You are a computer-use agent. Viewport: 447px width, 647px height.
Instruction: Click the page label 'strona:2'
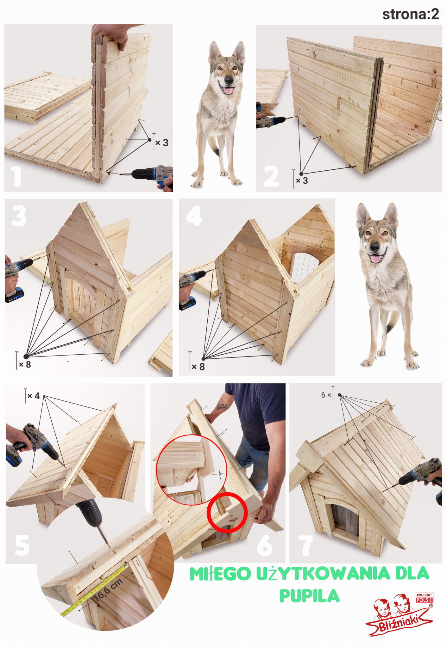pos(411,14)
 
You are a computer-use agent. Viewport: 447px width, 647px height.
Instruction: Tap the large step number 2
pos(271,176)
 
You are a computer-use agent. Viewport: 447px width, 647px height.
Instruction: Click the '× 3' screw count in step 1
pos(162,143)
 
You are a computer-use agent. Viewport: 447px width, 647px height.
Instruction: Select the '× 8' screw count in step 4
pos(198,367)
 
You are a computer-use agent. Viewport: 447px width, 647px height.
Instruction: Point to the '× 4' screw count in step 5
pos(33,396)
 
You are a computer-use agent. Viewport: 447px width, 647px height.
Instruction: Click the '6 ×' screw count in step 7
pos(326,395)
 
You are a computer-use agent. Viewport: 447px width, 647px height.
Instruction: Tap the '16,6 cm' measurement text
pos(108,589)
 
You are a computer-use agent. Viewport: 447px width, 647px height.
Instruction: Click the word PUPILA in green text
pos(309,596)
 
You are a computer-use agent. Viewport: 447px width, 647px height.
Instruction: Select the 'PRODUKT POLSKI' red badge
pos(425,597)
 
